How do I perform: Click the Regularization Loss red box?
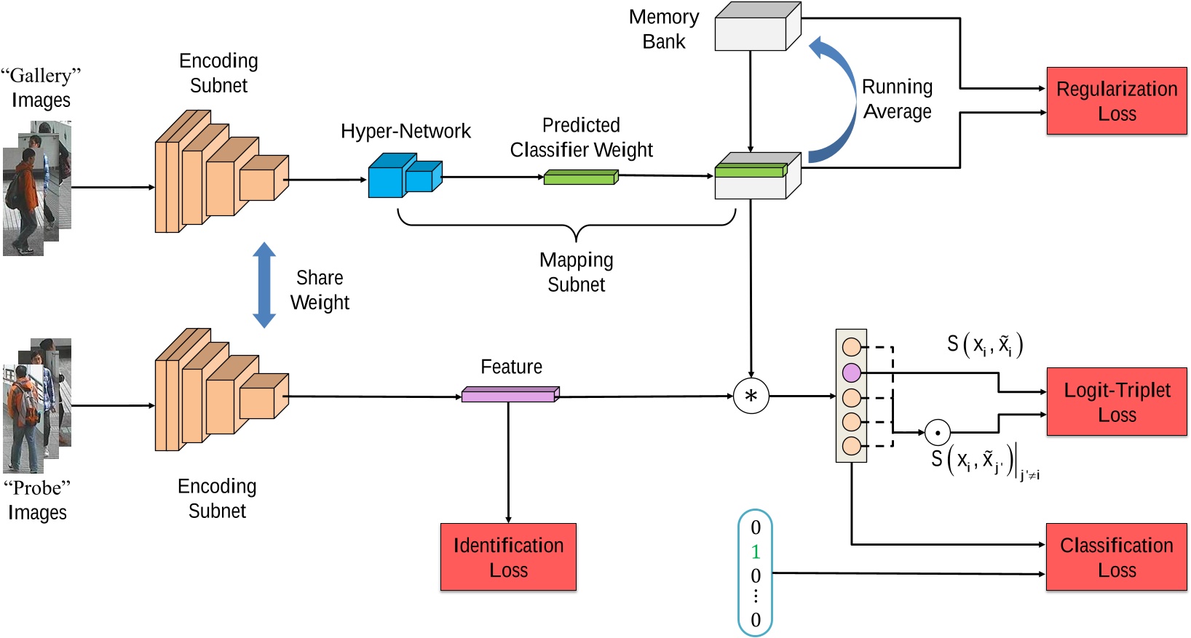point(1116,101)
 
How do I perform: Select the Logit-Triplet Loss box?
point(1116,402)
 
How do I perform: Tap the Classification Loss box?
point(1116,557)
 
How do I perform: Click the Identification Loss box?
point(508,557)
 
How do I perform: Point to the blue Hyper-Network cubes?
point(403,177)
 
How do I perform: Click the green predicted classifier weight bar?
point(580,178)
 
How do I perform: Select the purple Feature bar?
point(510,395)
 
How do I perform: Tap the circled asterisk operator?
point(751,396)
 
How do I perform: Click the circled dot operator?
point(937,433)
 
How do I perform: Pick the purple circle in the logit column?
point(851,373)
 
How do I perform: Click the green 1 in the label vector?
point(755,551)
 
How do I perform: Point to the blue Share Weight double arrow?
point(264,285)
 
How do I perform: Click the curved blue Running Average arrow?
point(837,98)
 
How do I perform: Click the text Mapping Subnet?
point(576,272)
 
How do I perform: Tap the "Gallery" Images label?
point(41,87)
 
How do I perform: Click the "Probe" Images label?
point(37,500)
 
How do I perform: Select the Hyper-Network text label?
point(405,132)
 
